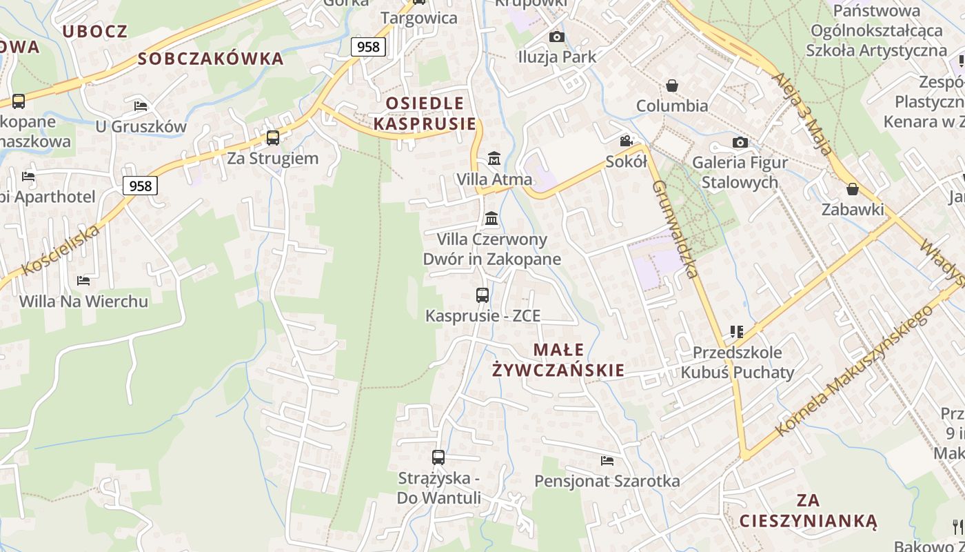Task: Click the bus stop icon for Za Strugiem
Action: tap(273, 137)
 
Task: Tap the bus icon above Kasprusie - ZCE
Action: tap(482, 295)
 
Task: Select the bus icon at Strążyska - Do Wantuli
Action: tap(438, 457)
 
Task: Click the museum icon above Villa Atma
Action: tap(494, 159)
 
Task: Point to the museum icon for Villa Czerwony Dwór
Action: tap(491, 219)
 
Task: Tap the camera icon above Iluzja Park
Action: tap(557, 37)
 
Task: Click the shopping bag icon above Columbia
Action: tap(671, 86)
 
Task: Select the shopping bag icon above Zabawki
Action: tap(853, 189)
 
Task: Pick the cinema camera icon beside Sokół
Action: tap(626, 141)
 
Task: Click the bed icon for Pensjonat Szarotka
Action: tap(607, 460)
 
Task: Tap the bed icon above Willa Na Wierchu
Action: tap(83, 280)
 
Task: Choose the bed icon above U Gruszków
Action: tap(141, 106)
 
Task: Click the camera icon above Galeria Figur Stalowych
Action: tap(740, 142)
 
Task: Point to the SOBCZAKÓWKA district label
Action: tap(211, 59)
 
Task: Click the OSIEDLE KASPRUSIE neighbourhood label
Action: tap(425, 114)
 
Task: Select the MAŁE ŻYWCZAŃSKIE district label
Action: tap(558, 360)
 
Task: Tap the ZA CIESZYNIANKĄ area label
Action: tap(808, 511)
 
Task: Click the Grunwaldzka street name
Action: tap(676, 228)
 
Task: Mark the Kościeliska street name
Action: tap(61, 250)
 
